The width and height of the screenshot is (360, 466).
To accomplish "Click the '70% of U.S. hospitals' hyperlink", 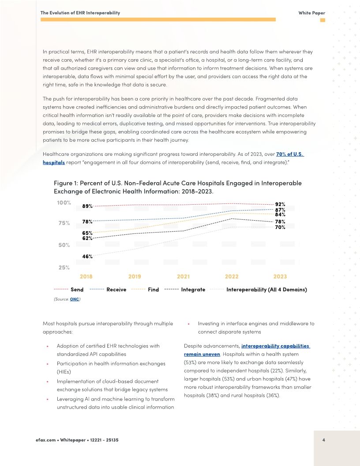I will coord(289,154).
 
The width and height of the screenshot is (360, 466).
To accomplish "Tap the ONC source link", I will coord(75,299).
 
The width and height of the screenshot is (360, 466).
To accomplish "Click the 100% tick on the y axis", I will coord(64,203).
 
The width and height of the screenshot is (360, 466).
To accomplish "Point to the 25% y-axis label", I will coord(64,267).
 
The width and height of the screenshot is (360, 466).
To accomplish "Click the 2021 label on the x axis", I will coord(183,277).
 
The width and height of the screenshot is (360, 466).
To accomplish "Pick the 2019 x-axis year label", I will coord(135,277).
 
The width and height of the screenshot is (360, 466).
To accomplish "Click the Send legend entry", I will coord(77,289).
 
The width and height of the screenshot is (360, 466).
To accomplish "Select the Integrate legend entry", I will coord(193,289).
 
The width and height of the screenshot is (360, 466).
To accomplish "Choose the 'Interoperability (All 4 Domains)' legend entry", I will coord(266,289).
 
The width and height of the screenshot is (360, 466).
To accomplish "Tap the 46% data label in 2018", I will coord(87,256).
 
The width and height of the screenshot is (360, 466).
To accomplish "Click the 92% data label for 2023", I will coord(280,204).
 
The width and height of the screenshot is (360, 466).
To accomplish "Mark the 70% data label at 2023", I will coord(280,227).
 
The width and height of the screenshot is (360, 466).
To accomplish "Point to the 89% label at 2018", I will coord(87,206).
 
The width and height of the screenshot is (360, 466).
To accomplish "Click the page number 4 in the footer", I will coord(324,440).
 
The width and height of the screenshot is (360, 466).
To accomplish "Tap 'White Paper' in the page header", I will coord(311,13).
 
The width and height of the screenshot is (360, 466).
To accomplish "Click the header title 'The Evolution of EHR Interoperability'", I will coord(80,13).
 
